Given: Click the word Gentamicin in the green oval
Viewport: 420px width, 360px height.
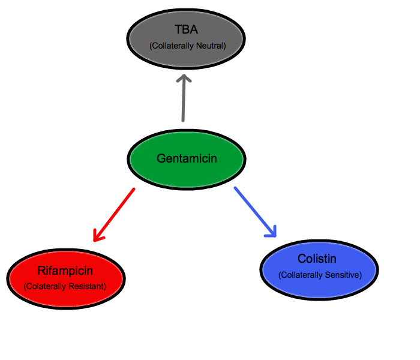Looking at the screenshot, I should point(187,159).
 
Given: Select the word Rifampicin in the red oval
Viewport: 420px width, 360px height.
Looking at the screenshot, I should point(65,272).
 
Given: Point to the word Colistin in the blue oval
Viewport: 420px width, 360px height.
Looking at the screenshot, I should point(317,259).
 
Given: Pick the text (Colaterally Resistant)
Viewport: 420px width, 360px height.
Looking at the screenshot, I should point(65,287).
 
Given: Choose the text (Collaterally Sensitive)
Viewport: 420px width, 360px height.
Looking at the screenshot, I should point(319,275).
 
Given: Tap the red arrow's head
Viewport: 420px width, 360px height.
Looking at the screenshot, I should point(97,237).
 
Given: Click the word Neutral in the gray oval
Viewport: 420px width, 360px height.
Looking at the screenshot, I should point(211,46).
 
